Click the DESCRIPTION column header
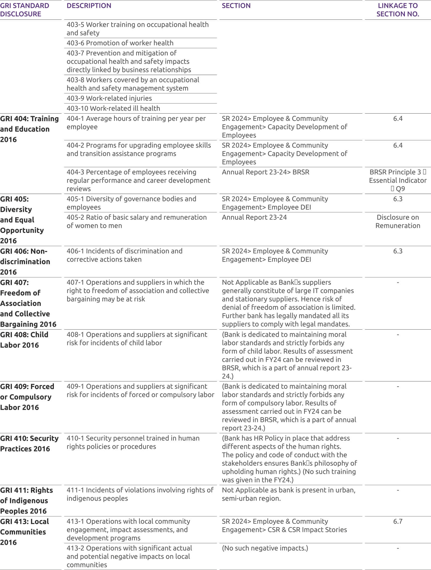click(x=89, y=6)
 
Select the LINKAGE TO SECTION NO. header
click(x=398, y=10)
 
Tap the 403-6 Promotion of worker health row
click(x=120, y=43)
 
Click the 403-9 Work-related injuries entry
click(x=109, y=98)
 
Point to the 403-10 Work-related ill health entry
click(x=113, y=108)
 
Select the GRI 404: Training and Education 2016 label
click(x=29, y=129)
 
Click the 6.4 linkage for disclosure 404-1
click(x=398, y=118)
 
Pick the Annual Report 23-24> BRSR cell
click(x=265, y=172)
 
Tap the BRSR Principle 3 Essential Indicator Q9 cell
click(x=398, y=180)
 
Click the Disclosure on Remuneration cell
click(x=398, y=221)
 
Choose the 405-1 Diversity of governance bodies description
click(x=131, y=203)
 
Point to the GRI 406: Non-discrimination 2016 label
click(x=25, y=261)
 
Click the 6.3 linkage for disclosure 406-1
click(x=398, y=251)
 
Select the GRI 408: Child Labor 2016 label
click(x=24, y=340)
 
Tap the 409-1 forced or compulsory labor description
click(x=140, y=390)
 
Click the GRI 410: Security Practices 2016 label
click(x=29, y=443)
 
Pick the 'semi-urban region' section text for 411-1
click(x=251, y=498)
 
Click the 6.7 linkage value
click(x=398, y=521)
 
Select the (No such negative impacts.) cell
click(x=265, y=548)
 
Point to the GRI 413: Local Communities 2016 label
click(x=24, y=532)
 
